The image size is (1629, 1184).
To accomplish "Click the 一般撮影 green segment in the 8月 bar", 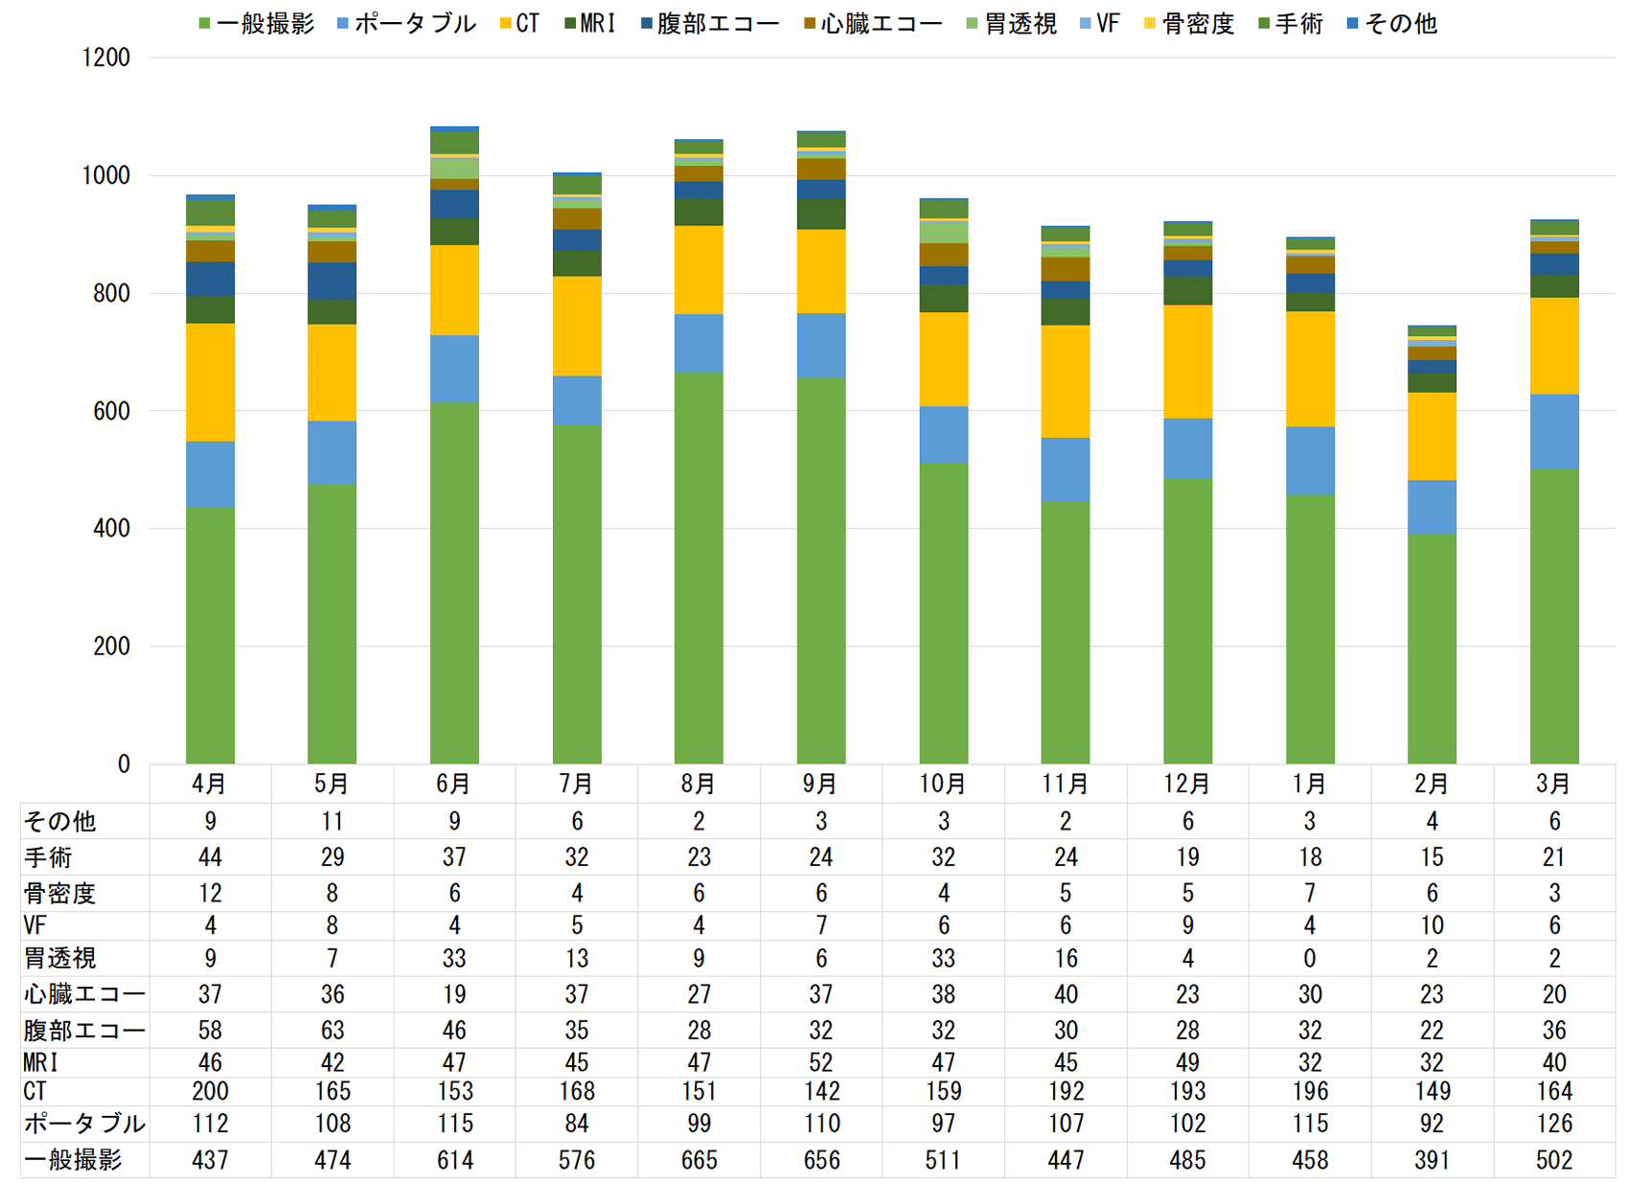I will (699, 567).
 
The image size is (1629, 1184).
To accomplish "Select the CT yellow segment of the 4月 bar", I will (210, 382).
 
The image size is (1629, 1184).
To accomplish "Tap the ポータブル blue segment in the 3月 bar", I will (1554, 431).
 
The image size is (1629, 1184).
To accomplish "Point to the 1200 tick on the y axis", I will (106, 57).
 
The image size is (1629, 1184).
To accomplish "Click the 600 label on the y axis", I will (111, 411).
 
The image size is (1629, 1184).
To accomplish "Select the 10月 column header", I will (943, 784).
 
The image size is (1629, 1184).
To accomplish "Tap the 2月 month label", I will (1432, 784).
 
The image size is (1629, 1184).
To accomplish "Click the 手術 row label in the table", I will (48, 857).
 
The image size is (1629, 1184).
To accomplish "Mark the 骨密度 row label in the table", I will (59, 894).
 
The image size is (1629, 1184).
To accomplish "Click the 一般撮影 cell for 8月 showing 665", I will (699, 1160).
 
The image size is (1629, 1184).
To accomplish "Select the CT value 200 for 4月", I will (210, 1091).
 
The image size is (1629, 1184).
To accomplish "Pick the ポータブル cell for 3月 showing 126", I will (1554, 1123).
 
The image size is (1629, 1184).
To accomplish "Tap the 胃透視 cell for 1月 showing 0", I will (1310, 958).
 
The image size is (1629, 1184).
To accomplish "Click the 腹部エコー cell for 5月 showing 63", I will (333, 1030).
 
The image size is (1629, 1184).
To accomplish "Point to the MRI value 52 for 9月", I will (821, 1062).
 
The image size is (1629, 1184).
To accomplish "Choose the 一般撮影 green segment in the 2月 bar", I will (1432, 649).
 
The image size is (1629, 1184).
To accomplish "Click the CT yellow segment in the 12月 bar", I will (1187, 361).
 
